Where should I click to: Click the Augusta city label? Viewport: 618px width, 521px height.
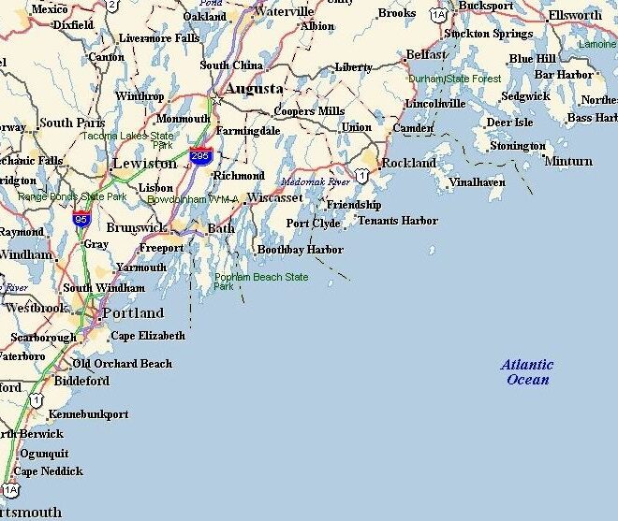click(254, 88)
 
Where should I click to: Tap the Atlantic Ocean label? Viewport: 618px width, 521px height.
click(527, 372)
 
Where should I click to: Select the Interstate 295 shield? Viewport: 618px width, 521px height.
click(199, 156)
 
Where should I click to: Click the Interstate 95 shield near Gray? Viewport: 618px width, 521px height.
click(81, 220)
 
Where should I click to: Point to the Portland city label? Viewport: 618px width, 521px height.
click(132, 313)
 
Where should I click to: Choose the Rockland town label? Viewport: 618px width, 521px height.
click(408, 163)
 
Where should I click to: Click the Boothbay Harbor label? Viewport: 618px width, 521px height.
click(300, 250)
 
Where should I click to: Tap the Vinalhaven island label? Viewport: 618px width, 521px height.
click(477, 182)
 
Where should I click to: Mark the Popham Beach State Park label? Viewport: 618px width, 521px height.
click(261, 282)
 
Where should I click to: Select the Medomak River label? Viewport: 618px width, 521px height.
click(316, 181)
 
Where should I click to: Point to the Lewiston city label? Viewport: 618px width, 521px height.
click(144, 163)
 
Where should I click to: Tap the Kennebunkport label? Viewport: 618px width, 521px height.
click(88, 413)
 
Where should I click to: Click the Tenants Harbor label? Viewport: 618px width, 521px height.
click(397, 221)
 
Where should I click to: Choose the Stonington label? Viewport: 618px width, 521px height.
click(518, 146)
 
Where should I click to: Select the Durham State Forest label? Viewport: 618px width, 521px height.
click(454, 79)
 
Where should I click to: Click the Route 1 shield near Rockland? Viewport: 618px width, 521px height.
click(360, 175)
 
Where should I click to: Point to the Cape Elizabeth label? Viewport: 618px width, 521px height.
click(148, 336)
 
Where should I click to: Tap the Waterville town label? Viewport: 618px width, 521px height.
click(284, 12)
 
